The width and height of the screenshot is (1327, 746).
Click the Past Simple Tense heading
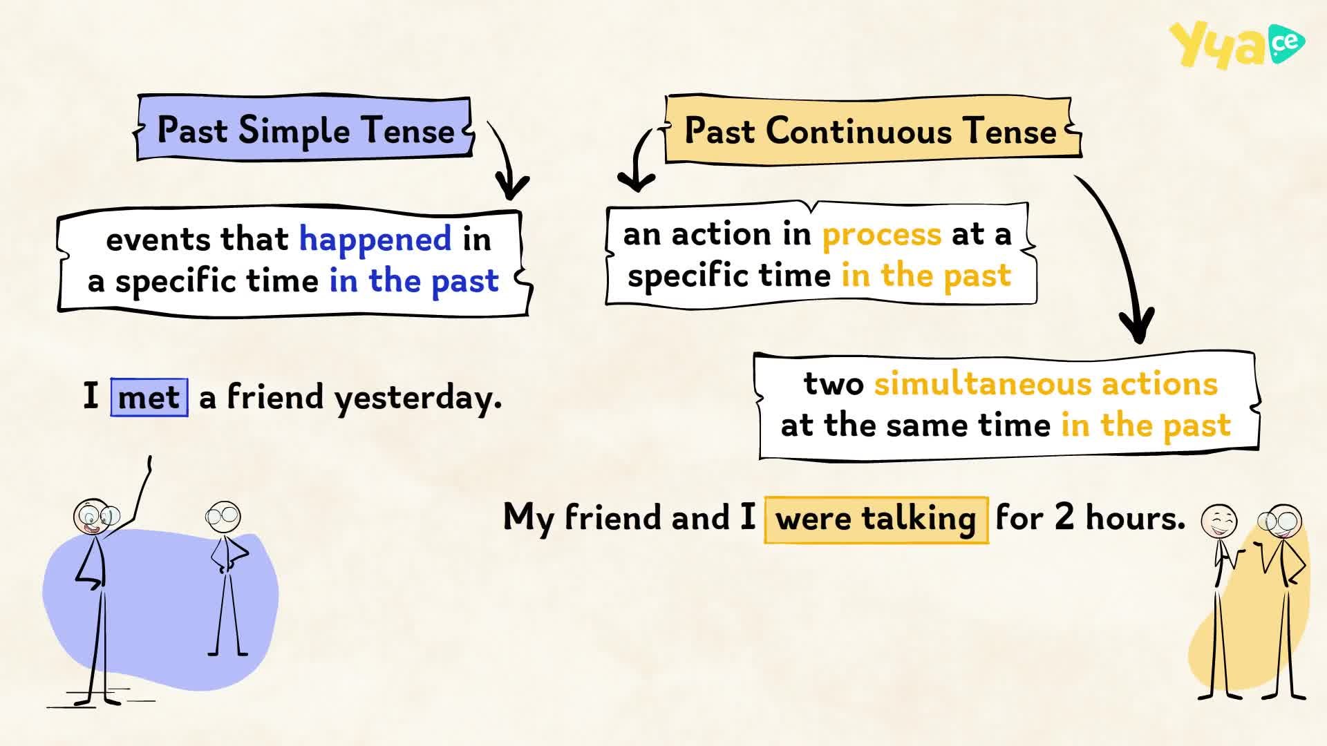point(305,130)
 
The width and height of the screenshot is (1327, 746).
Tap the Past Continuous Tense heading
point(870,131)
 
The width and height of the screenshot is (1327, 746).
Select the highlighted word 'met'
point(149,397)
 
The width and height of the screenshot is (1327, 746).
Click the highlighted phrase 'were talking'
point(876,519)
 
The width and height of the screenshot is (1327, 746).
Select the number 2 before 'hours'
point(1065,516)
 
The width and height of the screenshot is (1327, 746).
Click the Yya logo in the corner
point(1236,45)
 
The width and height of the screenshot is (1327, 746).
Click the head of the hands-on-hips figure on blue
point(223,516)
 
